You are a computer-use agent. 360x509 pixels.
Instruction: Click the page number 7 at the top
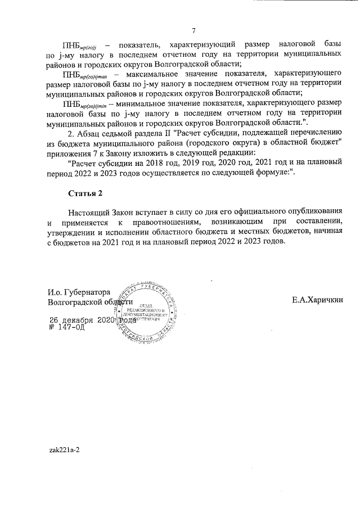tap(194, 30)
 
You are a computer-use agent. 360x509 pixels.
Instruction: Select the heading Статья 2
tap(85, 193)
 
